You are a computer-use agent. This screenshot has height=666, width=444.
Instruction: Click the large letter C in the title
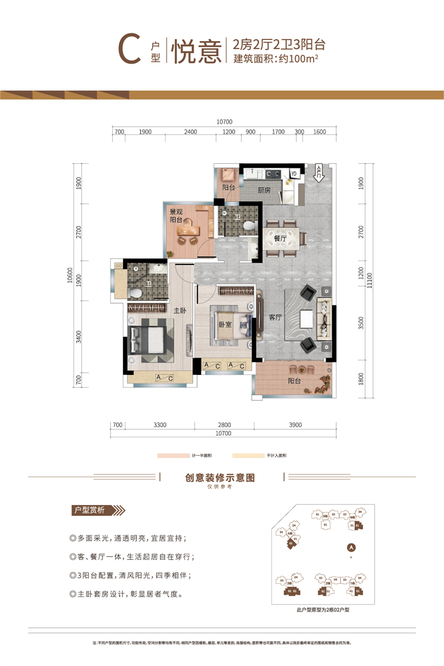pos(128,51)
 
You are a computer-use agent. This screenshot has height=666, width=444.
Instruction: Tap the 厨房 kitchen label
pos(264,189)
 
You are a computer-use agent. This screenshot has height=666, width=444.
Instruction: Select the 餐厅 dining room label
pos(280,238)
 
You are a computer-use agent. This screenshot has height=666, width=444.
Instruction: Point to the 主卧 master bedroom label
pos(179,311)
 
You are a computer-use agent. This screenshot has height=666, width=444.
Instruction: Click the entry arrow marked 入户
pos(319,173)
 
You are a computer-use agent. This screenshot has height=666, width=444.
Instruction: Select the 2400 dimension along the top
pos(190,132)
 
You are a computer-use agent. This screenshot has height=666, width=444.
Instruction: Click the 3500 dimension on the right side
pos(361,323)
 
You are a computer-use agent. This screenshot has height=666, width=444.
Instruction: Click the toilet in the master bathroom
pos(135,292)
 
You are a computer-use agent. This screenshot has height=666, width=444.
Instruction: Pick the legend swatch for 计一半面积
pos(174,455)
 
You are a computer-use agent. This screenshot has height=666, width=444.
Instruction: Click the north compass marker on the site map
pos(350,547)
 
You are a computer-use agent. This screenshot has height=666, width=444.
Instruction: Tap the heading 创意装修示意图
pos(222,477)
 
